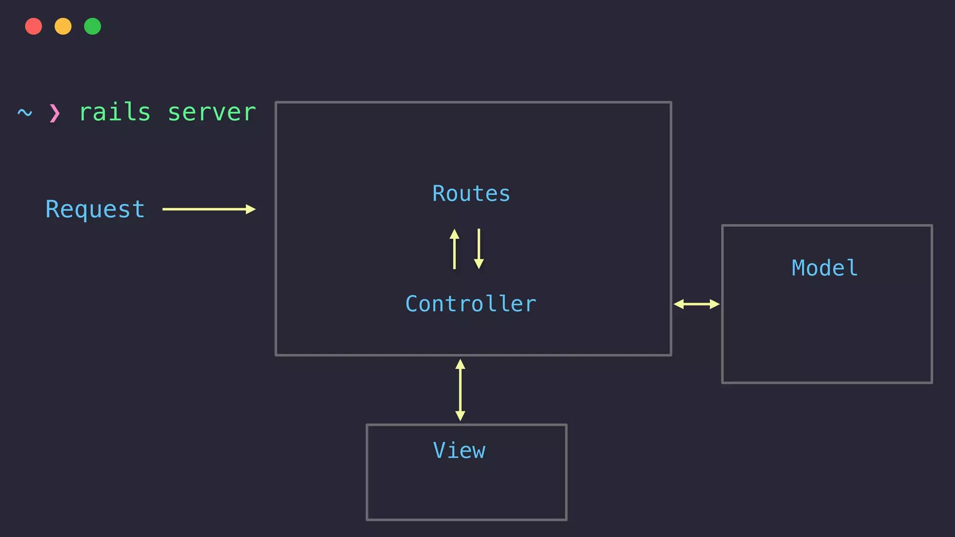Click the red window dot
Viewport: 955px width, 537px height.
34,26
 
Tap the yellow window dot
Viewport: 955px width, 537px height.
63,26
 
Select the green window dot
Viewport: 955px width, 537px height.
92,26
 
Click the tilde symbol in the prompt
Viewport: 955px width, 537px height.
25,113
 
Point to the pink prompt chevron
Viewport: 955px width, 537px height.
55,113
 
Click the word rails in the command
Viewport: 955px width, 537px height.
115,112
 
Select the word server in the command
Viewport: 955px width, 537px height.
212,112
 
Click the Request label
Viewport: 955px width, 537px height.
95,209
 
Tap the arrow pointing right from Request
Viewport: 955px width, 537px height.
208,209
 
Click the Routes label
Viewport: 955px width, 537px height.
471,193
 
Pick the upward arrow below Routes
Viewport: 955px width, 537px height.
454,249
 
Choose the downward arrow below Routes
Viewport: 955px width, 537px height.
478,249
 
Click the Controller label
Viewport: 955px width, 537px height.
471,304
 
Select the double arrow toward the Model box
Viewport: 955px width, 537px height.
697,304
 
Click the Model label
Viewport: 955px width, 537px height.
824,268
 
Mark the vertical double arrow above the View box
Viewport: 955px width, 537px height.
460,390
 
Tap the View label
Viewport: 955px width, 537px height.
459,450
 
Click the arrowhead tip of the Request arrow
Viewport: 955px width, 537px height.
255,209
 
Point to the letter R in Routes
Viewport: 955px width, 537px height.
438,193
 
